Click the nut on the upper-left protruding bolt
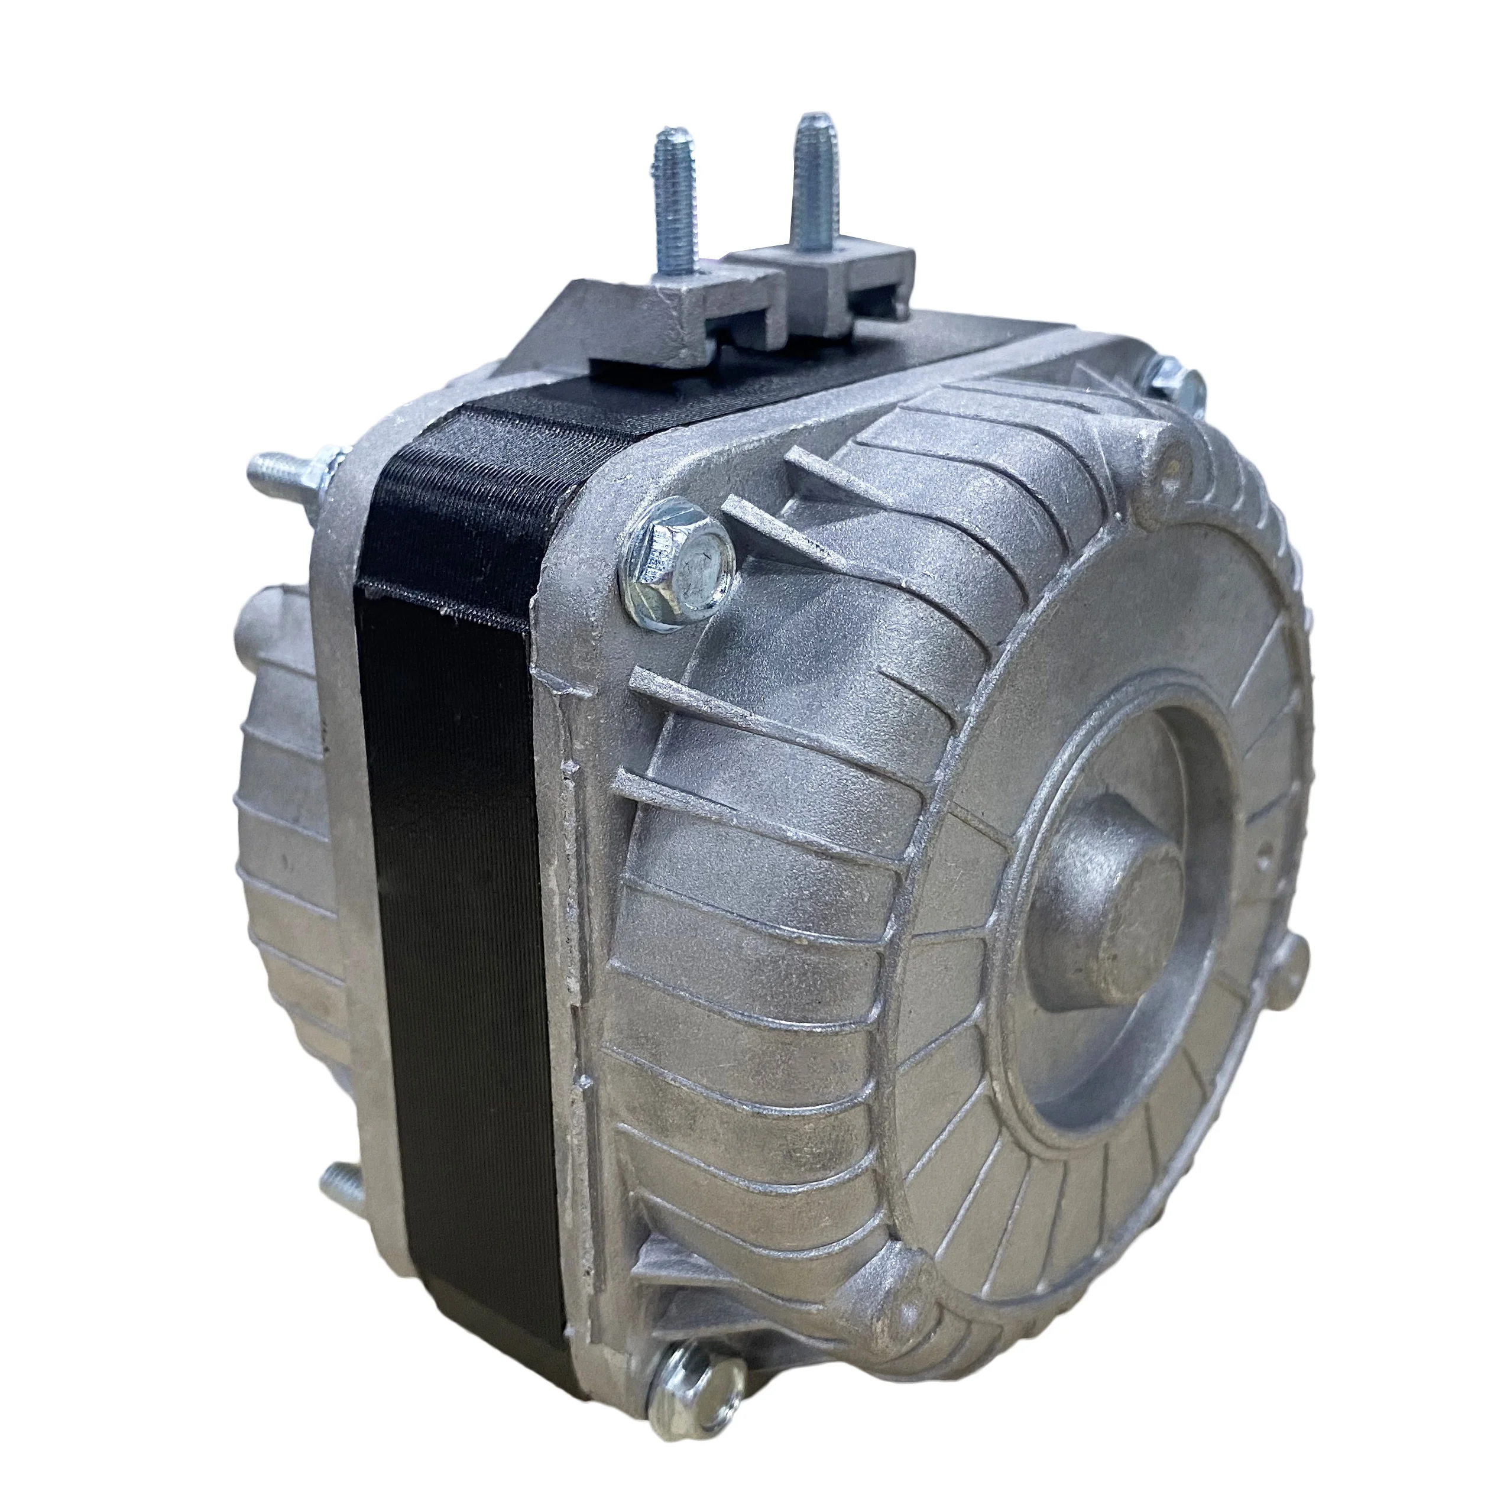click(328, 476)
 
